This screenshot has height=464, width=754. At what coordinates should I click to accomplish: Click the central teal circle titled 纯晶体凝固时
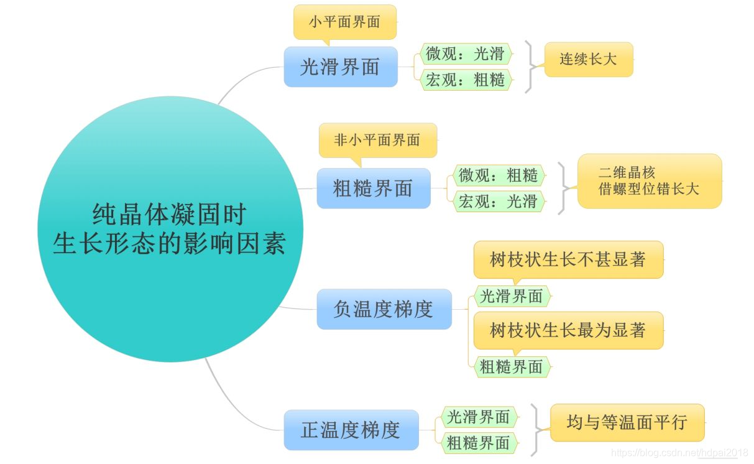pos(169,229)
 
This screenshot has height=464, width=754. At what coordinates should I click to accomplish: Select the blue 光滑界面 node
pos(340,67)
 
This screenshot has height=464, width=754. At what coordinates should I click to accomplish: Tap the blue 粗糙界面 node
pos(373,188)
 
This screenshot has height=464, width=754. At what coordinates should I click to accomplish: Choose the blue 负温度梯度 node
pos(384,309)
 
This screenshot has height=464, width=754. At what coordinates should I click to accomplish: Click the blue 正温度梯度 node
pos(351,430)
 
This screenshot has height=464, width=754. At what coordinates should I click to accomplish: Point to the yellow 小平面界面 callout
pos(344,22)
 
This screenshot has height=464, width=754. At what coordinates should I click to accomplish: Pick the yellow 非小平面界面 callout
pos(377,140)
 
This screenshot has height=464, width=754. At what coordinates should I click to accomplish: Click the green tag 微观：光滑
pos(465,54)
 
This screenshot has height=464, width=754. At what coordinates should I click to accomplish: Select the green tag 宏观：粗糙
pos(465,80)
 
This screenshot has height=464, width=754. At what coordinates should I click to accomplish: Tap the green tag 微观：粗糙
pos(498,175)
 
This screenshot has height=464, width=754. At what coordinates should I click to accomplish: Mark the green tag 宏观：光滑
pos(498,201)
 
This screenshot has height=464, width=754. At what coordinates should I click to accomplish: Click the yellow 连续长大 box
pos(588,60)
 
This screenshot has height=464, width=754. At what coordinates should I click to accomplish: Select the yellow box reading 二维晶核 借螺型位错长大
pos(649,181)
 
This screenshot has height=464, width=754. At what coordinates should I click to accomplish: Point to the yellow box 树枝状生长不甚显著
pos(568,259)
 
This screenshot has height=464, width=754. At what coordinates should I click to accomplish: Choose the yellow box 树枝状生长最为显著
pos(568,330)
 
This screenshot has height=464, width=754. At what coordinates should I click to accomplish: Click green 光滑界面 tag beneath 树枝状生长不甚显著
pos(512,296)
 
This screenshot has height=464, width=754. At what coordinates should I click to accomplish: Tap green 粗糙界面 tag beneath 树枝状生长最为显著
pos(512,367)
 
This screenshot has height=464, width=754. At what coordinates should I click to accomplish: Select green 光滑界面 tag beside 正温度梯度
pos(479,417)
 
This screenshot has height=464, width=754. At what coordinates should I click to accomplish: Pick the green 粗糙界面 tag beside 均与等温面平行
pos(479,442)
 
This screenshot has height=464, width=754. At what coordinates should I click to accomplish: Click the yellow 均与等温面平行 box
pos(627,423)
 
